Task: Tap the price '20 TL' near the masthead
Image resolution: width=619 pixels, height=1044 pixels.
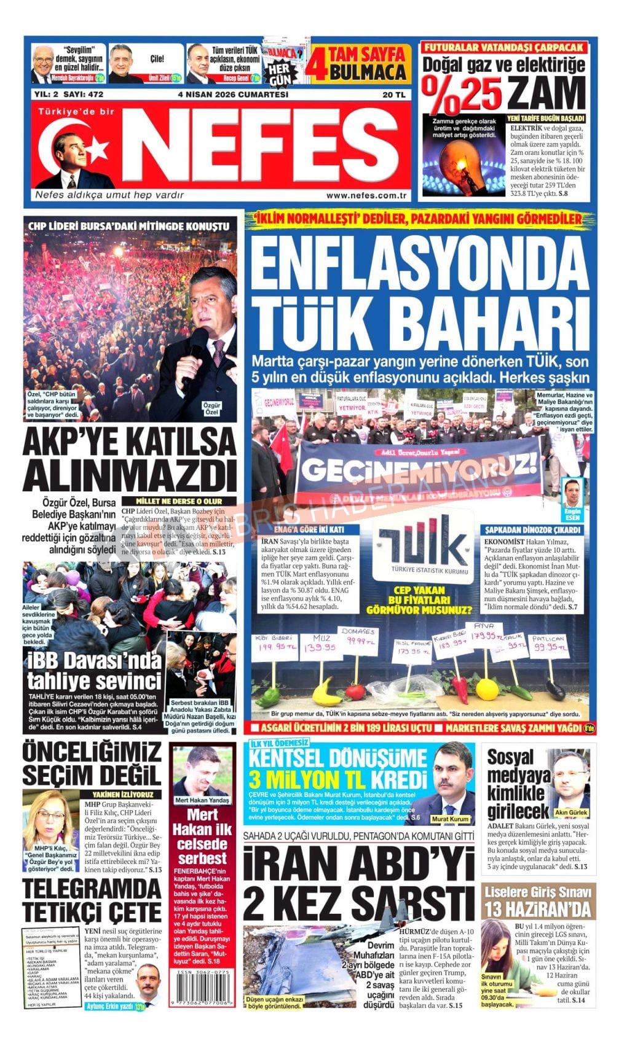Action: tap(393, 95)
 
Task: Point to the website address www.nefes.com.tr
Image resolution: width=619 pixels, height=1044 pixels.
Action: tap(366, 195)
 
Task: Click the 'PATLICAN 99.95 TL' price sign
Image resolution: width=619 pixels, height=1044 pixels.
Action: tap(549, 642)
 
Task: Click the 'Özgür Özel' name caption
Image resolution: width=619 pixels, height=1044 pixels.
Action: tap(211, 408)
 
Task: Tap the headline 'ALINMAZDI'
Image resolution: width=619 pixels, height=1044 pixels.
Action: tap(129, 475)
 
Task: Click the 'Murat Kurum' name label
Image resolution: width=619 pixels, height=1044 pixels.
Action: tap(449, 819)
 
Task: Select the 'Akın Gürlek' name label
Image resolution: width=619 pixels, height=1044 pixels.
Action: tap(571, 812)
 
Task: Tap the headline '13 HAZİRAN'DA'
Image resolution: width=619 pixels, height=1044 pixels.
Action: tap(538, 908)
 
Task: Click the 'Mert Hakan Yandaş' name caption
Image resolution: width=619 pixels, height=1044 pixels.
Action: tap(202, 800)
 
